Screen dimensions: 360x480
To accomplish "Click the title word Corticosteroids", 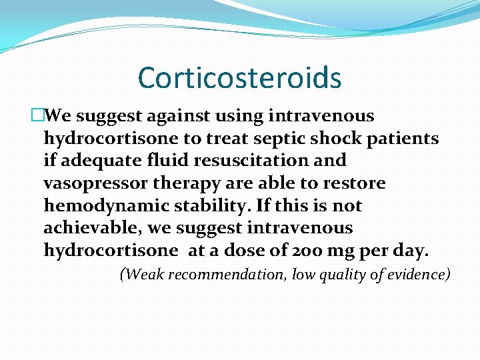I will pos(239,78).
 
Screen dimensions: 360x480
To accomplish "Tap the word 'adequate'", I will pos(92,161).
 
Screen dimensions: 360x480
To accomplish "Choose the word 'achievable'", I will pos(92,228).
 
